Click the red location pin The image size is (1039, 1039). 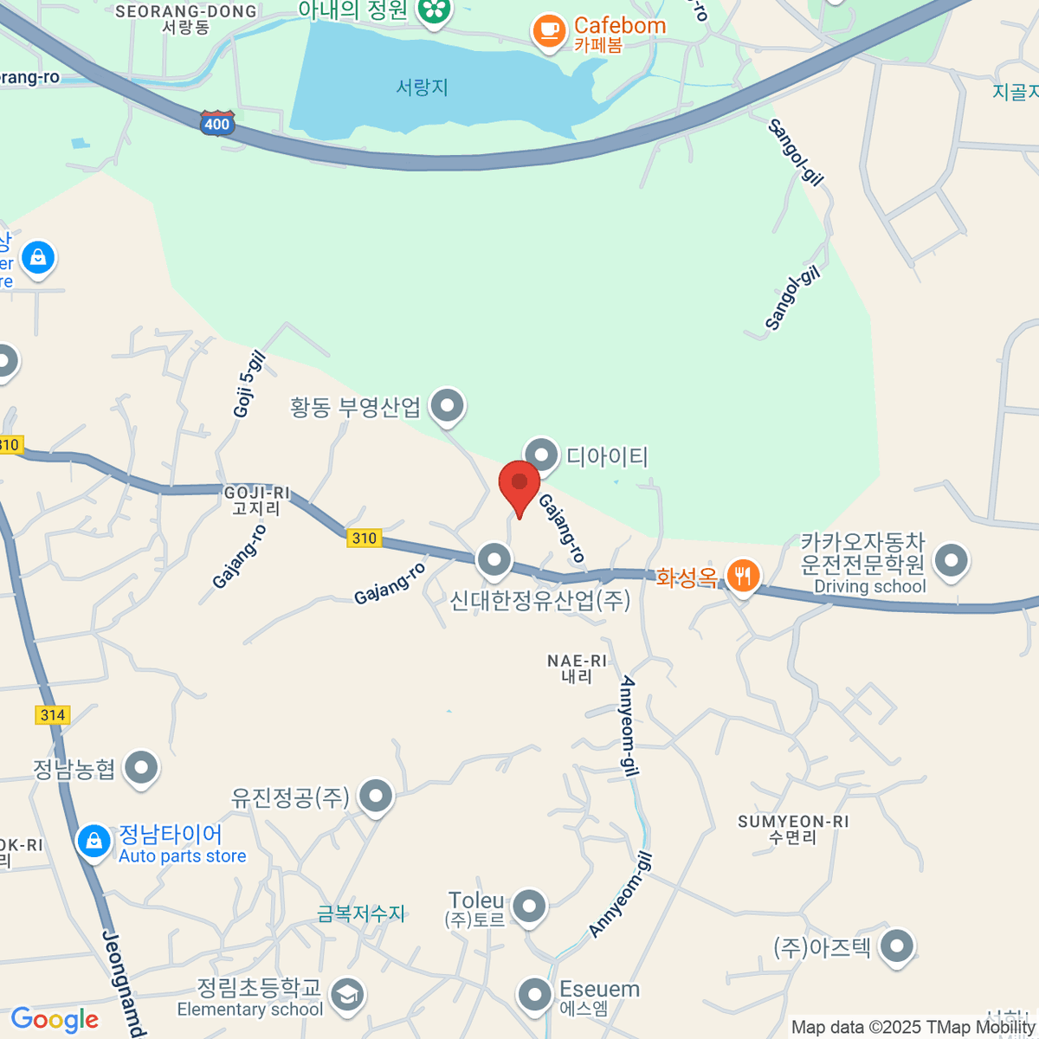click(519, 483)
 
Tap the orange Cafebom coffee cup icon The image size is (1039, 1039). click(548, 31)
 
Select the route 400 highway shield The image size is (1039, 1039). click(216, 124)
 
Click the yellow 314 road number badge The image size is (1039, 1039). click(53, 715)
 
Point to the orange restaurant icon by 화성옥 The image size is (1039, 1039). click(742, 575)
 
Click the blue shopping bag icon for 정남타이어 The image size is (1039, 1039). click(94, 840)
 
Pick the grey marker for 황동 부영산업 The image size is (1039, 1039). click(447, 405)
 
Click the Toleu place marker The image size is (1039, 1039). click(528, 907)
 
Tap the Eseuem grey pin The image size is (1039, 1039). click(534, 995)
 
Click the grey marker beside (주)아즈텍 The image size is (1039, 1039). click(897, 945)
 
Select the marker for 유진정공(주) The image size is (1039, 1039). click(376, 796)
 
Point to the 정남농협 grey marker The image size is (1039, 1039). click(140, 767)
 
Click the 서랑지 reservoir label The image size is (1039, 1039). click(422, 87)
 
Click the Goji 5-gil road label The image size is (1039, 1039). click(249, 384)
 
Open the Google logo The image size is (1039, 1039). click(55, 1020)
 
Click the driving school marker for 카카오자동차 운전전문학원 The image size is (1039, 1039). click(951, 560)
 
